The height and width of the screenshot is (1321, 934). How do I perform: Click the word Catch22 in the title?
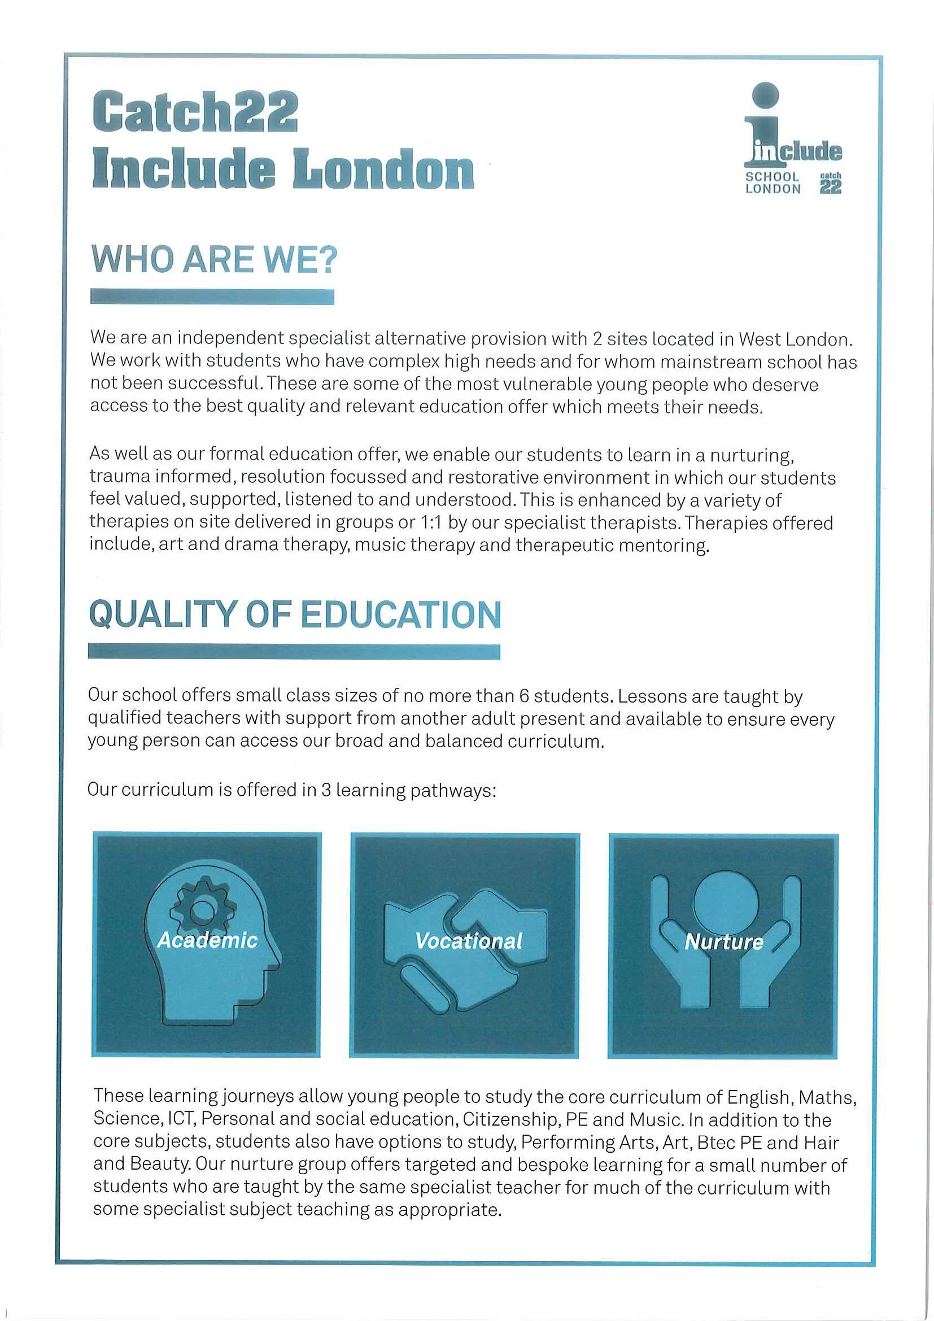pos(195,112)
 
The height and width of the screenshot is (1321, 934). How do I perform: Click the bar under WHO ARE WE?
pos(212,297)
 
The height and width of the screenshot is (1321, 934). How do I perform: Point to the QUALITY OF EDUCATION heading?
pos(294,614)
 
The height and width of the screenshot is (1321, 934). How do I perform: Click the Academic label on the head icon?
pos(207,940)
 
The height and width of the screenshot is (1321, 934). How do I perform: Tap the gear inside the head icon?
pos(203,910)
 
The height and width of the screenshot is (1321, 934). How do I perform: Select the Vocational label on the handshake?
pos(468,941)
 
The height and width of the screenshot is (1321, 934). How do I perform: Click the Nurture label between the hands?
pos(723,942)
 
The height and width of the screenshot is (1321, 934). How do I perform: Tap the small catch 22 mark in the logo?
pos(831,184)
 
